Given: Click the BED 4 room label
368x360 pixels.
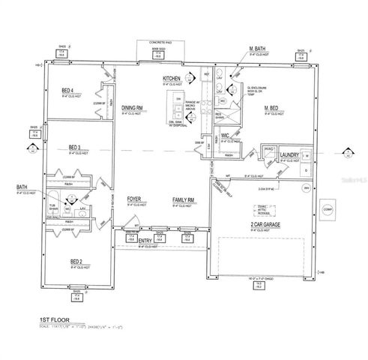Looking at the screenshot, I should click(x=67, y=91).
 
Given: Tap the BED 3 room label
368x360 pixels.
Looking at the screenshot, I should click(x=75, y=147).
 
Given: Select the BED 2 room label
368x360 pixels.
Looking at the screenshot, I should click(x=77, y=261).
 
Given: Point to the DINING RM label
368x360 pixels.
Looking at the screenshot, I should click(x=133, y=108).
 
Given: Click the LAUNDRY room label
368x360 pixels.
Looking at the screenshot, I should click(x=289, y=154).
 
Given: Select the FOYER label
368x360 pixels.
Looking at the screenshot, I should click(x=135, y=199).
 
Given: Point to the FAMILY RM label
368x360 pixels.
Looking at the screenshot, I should click(x=184, y=199).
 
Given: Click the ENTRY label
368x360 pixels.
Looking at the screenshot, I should click(x=146, y=241).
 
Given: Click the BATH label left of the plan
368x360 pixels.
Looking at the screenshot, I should click(x=21, y=187).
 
